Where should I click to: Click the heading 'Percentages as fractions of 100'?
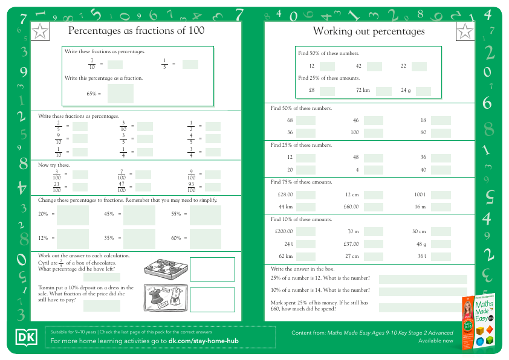(x=136, y=30)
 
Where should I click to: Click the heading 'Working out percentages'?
(x=369, y=31)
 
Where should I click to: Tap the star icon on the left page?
(x=39, y=31)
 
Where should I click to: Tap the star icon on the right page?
(x=465, y=31)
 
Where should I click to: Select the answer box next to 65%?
(x=120, y=94)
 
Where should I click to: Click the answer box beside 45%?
(x=139, y=214)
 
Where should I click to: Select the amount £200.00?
(x=284, y=231)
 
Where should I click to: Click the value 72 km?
(x=363, y=91)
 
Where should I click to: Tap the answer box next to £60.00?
(x=373, y=207)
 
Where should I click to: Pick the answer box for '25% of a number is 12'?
(x=423, y=279)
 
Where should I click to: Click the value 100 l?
(x=420, y=194)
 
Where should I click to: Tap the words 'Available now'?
(x=435, y=341)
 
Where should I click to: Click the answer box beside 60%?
(x=206, y=239)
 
